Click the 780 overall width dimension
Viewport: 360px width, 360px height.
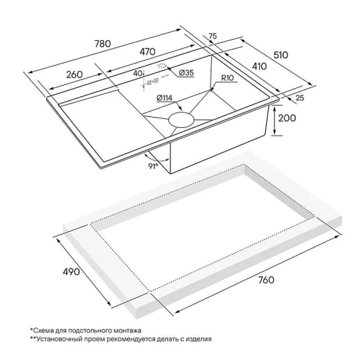pos(103,44)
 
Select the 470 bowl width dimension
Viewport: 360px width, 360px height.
pos(148,52)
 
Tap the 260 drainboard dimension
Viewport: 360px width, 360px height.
pos(74,75)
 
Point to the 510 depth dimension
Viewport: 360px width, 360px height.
pos(280,55)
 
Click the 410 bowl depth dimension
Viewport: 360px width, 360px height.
pos(260,66)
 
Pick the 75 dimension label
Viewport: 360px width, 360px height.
pos(212,36)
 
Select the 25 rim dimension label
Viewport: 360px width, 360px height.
pos(300,98)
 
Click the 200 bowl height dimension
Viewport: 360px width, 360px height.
pos(287,118)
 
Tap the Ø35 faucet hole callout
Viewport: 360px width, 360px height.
pos(186,73)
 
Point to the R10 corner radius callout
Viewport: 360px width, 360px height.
pos(227,78)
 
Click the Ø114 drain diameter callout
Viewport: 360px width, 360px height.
pos(164,98)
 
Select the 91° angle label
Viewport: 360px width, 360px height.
pos(153,166)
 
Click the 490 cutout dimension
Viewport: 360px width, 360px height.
pos(71,272)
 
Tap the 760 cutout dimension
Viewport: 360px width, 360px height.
pos(266,280)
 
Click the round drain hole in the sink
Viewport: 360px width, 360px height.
pos(181,120)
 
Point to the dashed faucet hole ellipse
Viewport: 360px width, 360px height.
pos(162,65)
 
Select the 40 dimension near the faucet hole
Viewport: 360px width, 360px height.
pos(137,73)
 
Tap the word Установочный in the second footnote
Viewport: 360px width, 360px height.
pos(57,339)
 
